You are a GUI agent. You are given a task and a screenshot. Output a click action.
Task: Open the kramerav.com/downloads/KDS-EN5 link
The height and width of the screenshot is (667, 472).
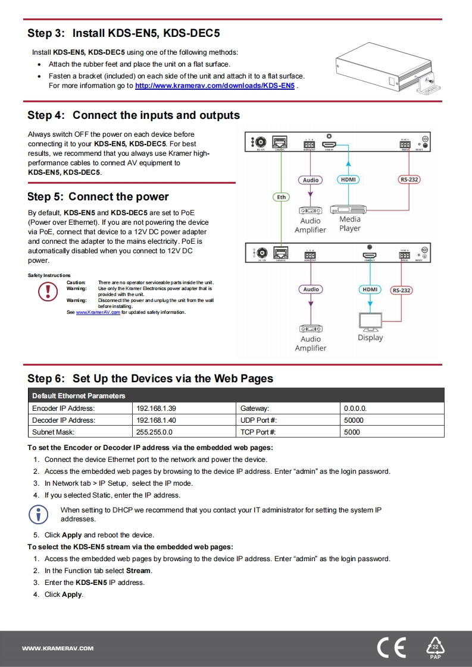[x=215, y=86]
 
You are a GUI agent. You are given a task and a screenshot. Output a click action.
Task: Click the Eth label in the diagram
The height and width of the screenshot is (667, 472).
[x=282, y=197]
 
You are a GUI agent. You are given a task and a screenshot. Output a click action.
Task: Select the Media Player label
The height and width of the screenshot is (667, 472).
[x=350, y=224]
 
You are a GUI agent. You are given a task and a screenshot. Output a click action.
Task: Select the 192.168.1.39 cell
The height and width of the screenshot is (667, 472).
[x=156, y=408]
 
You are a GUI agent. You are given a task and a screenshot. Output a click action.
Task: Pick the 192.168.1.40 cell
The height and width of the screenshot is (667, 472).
[x=156, y=420]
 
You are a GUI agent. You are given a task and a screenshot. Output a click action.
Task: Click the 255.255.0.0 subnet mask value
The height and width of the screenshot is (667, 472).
[x=154, y=432]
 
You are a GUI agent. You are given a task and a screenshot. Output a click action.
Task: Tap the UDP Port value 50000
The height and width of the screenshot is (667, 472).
[x=354, y=420]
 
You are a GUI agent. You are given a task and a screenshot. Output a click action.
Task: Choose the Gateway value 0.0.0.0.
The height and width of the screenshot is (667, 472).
[x=355, y=408]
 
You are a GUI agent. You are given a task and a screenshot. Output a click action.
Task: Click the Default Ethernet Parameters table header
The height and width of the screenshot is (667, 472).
[x=79, y=396]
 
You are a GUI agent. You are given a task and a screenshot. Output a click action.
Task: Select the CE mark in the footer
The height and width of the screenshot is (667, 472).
[x=391, y=648]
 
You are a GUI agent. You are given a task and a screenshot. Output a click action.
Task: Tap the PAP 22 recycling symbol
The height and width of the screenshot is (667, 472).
[x=435, y=648]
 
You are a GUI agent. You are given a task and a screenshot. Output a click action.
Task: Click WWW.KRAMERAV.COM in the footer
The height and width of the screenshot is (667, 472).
[x=57, y=648]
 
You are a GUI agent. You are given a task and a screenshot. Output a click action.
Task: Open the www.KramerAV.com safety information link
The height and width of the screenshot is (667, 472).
[x=98, y=312]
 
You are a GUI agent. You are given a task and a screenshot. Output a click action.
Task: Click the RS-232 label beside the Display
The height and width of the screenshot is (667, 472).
[x=401, y=290]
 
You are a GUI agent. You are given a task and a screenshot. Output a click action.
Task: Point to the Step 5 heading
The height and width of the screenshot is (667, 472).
[x=98, y=197]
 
